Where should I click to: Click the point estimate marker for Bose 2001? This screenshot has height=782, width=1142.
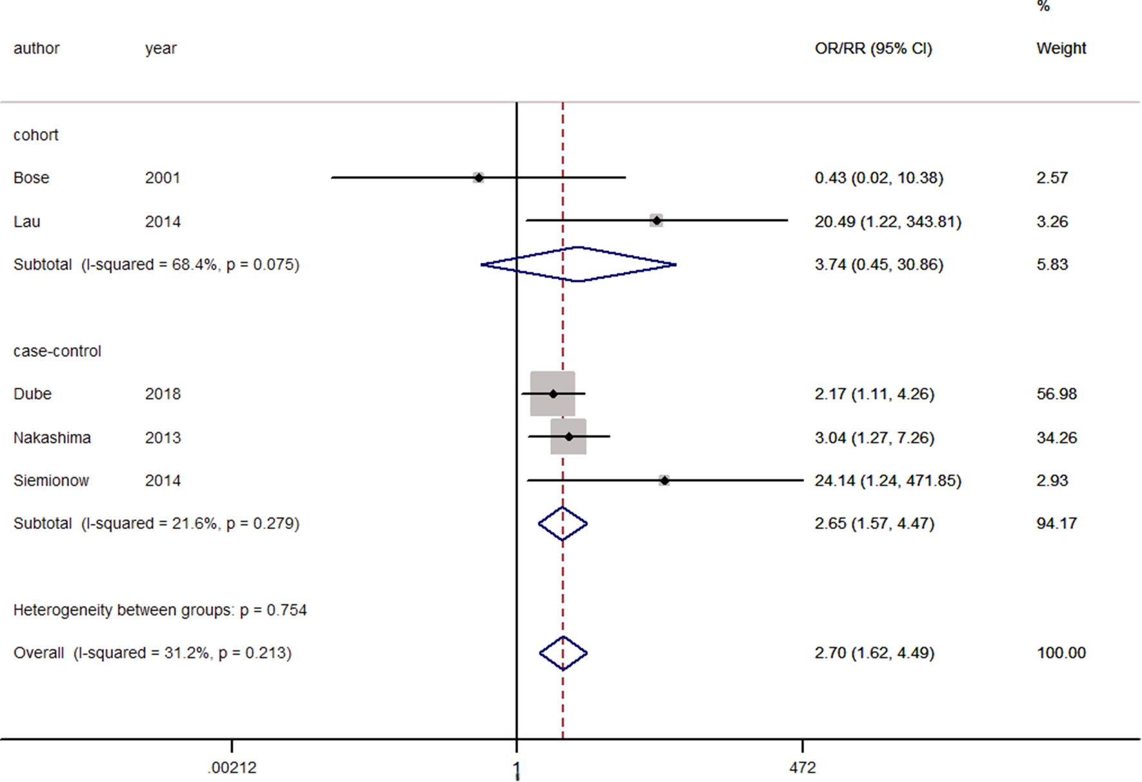(478, 177)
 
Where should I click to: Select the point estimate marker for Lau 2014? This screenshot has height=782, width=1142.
(656, 221)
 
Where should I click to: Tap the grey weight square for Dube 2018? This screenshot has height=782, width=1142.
(553, 394)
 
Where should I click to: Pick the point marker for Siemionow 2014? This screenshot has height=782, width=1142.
(664, 481)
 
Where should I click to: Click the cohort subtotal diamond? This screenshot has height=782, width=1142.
(578, 264)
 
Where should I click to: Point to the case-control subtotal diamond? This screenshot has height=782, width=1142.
(563, 523)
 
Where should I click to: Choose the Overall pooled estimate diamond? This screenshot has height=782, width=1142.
(563, 653)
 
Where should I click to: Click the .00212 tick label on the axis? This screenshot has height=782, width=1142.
(232, 768)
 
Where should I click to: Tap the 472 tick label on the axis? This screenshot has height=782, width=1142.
(802, 768)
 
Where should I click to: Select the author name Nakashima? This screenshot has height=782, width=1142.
(52, 437)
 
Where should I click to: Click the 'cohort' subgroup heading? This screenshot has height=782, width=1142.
(36, 135)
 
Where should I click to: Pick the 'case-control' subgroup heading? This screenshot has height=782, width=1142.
(57, 351)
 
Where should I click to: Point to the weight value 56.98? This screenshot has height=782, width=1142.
(1056, 394)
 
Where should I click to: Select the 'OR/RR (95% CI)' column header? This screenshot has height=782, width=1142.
(873, 48)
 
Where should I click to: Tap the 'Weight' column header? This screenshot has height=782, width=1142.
(1061, 48)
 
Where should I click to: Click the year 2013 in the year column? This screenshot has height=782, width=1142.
(163, 437)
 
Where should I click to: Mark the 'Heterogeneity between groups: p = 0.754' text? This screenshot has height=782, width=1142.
(160, 610)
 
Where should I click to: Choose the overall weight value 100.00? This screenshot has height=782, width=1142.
(1061, 653)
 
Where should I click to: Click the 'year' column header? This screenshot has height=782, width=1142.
(161, 48)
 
